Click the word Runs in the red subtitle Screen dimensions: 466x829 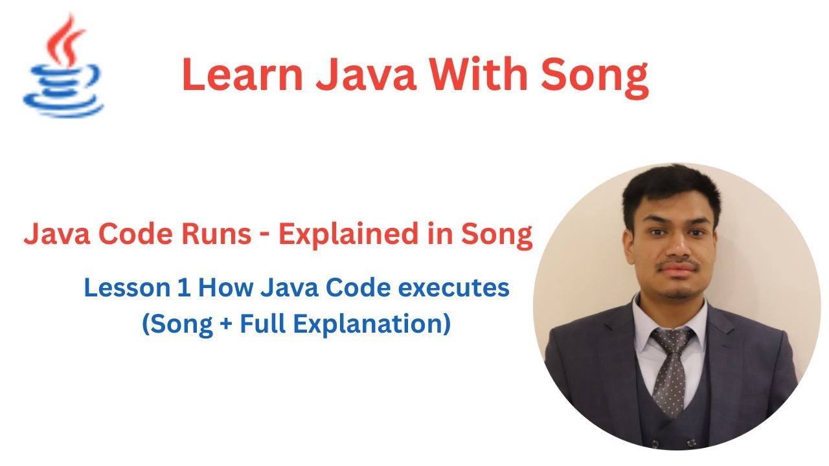coord(218,235)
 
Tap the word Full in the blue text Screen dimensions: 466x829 coord(260,322)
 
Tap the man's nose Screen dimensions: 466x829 coord(674,243)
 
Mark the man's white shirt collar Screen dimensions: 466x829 coord(648,324)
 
